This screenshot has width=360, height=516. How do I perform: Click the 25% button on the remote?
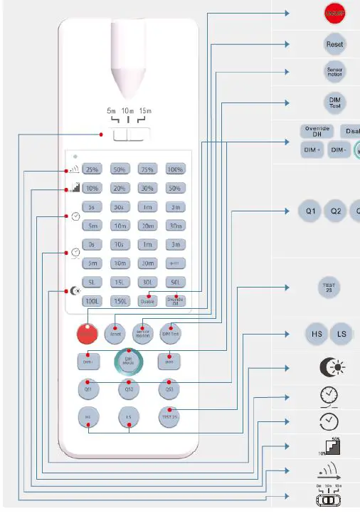(x=92, y=169)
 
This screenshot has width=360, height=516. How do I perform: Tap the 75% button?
(x=147, y=169)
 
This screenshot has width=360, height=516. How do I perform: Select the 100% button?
(x=175, y=169)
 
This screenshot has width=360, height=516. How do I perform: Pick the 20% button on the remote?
(x=120, y=189)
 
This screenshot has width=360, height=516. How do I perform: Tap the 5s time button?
(x=92, y=207)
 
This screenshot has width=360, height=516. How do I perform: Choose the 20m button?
(x=147, y=226)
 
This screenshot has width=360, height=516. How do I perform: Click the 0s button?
(x=92, y=244)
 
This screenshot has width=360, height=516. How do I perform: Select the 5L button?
(x=92, y=282)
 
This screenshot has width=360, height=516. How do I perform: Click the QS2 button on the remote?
(x=129, y=389)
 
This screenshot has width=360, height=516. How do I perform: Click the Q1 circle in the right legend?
(x=310, y=211)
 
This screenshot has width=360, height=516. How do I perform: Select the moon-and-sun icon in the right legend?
(x=332, y=367)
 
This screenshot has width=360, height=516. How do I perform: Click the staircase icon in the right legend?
(x=332, y=446)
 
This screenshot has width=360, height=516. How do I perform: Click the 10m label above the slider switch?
(x=128, y=112)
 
